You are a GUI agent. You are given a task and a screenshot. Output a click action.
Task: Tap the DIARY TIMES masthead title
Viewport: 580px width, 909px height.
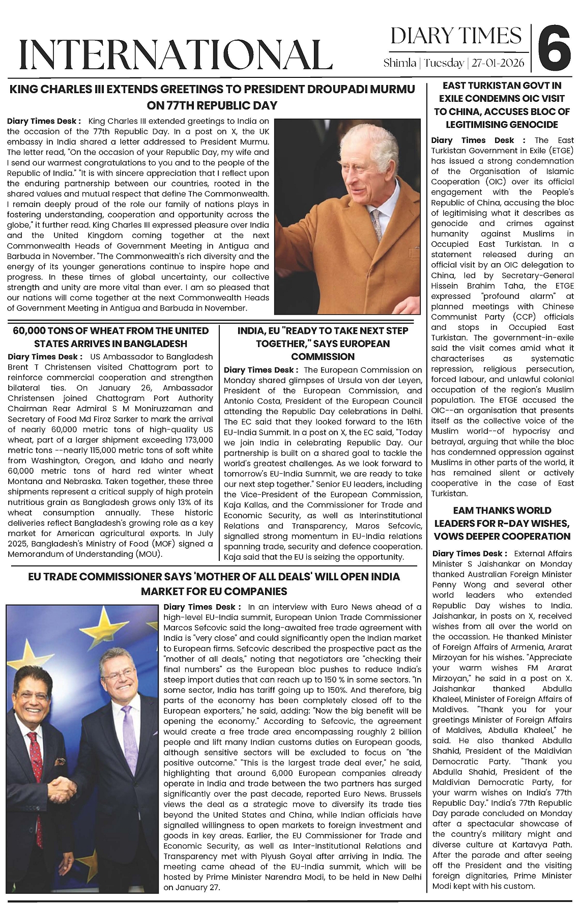tap(456, 36)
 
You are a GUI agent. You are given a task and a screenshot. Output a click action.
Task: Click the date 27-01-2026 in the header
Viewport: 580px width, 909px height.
tap(499, 63)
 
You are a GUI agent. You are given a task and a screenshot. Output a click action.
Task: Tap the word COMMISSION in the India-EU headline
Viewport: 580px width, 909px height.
tap(323, 357)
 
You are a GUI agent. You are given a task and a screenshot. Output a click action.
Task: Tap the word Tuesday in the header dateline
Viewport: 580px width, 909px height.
tap(444, 63)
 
